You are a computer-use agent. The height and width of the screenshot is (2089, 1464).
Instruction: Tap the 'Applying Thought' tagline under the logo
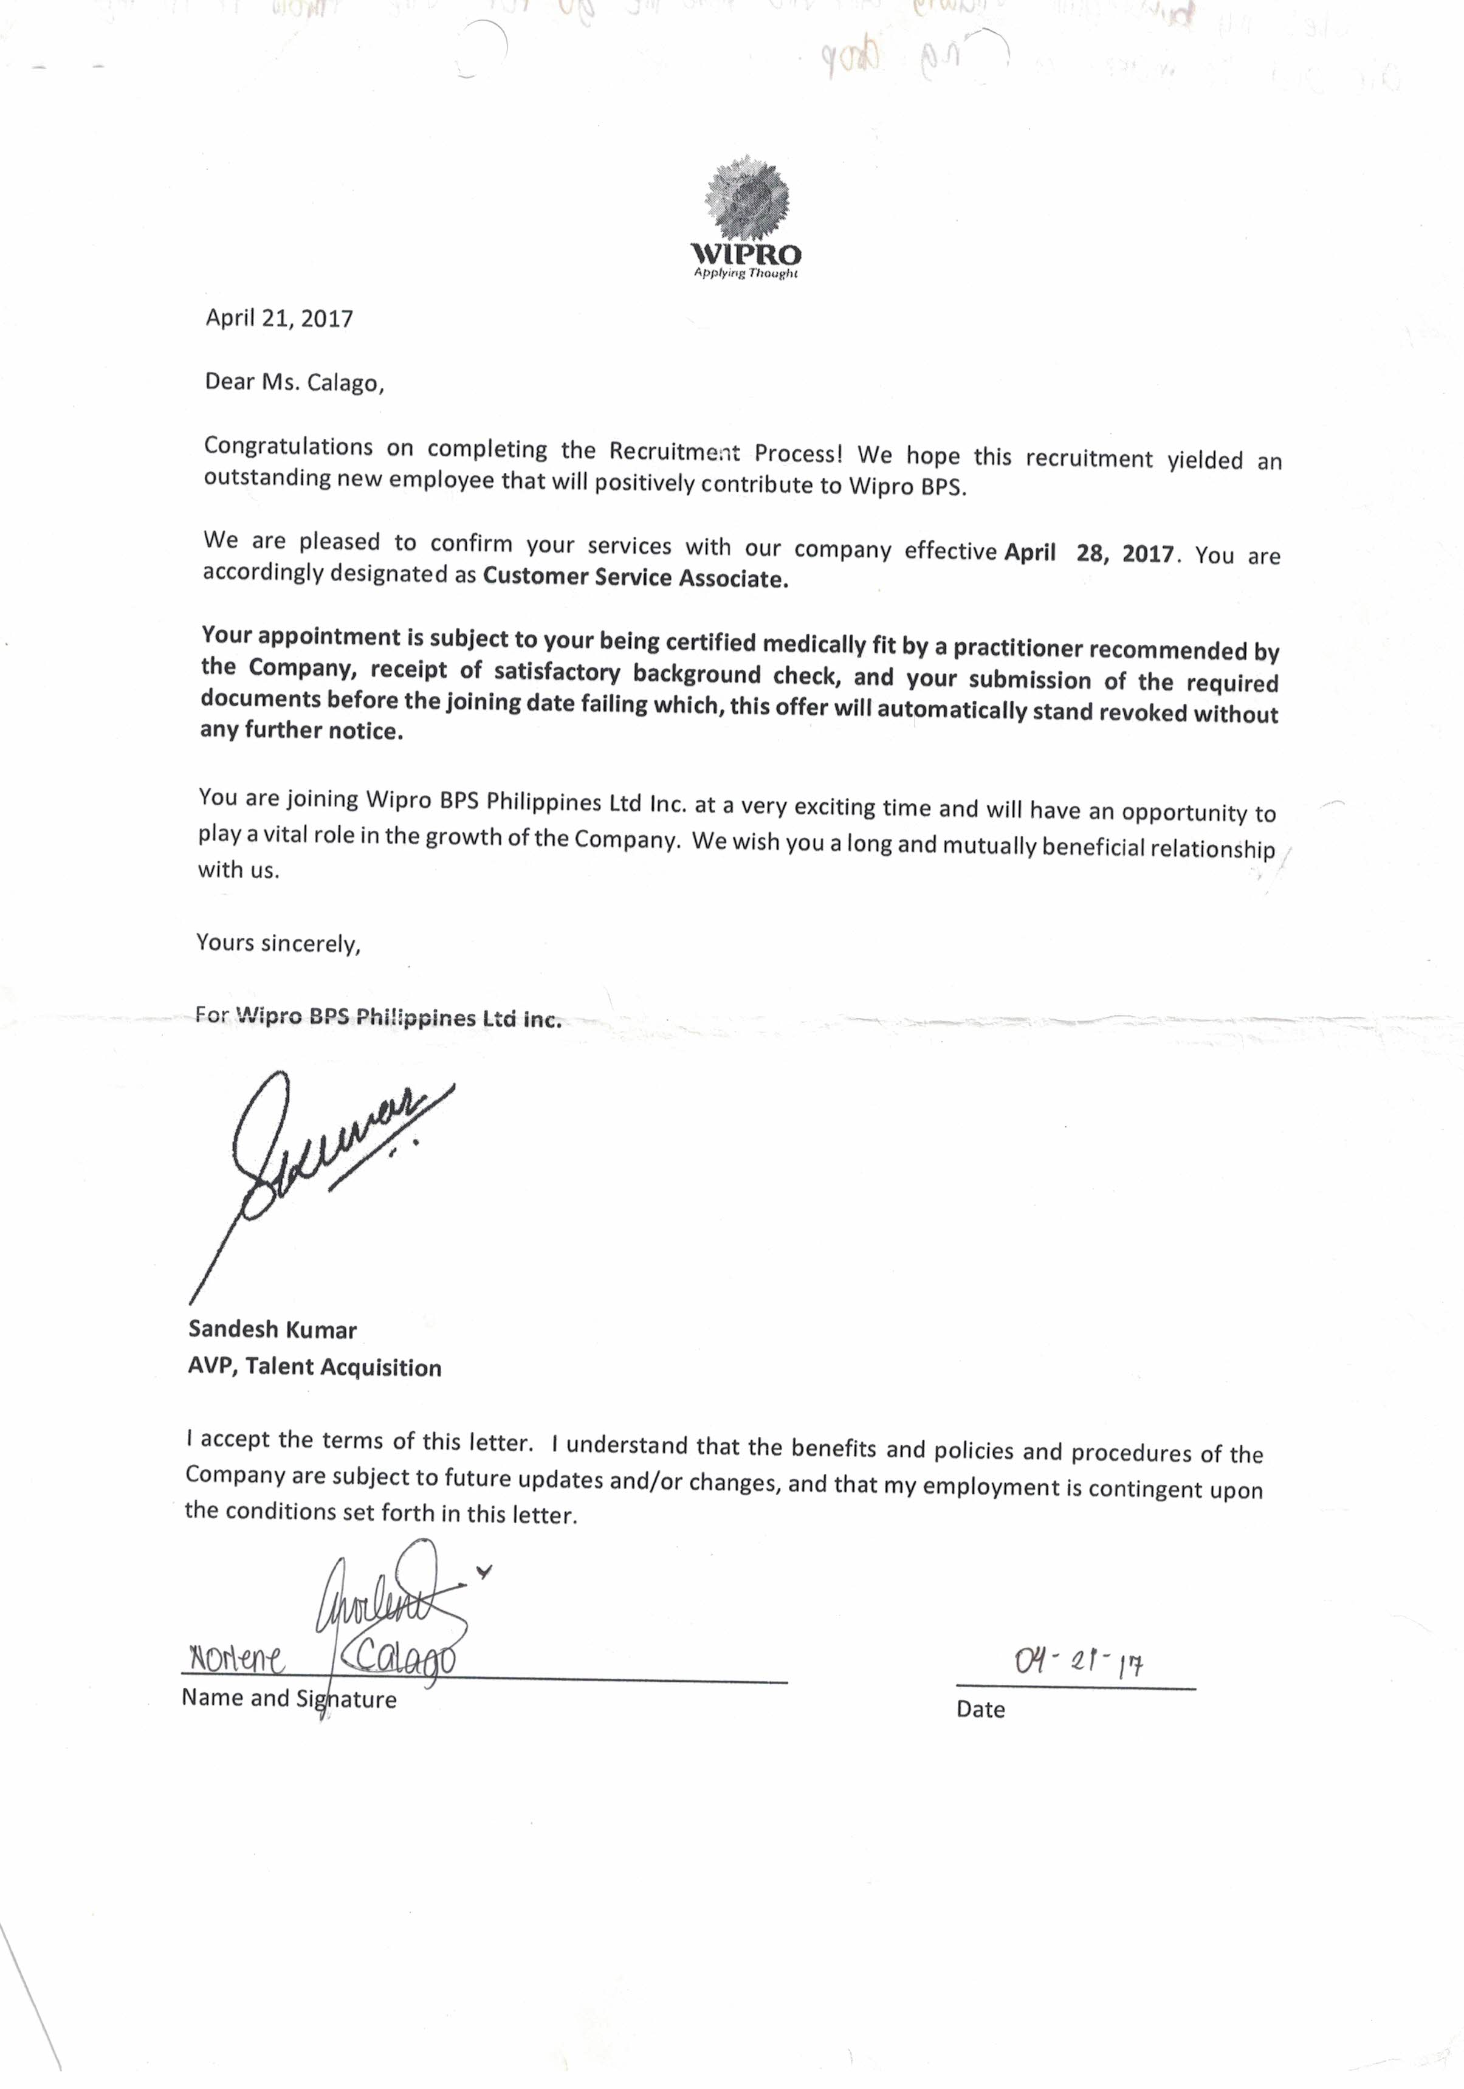click(745, 273)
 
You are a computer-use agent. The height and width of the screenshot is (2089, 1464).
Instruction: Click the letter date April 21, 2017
click(280, 318)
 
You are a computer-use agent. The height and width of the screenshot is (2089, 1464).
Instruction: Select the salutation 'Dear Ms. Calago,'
click(295, 383)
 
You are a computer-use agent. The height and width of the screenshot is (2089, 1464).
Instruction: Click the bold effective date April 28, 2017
click(1088, 553)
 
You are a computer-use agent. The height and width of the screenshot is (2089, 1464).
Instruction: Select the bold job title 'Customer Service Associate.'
click(635, 579)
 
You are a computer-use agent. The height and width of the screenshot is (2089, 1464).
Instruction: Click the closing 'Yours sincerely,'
click(278, 943)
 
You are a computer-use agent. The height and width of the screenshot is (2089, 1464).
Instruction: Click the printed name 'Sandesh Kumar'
click(272, 1329)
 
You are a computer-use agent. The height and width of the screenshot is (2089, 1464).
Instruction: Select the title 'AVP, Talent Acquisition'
click(315, 1366)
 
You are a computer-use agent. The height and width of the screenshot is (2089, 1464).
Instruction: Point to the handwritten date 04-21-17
click(1078, 1662)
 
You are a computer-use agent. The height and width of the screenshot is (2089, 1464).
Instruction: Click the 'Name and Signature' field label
click(289, 1698)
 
